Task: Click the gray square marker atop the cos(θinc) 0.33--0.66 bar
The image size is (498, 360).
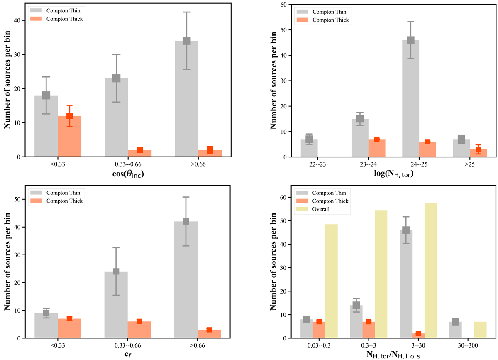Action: pos(116,78)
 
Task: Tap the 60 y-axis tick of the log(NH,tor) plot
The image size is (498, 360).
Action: pos(283,5)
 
